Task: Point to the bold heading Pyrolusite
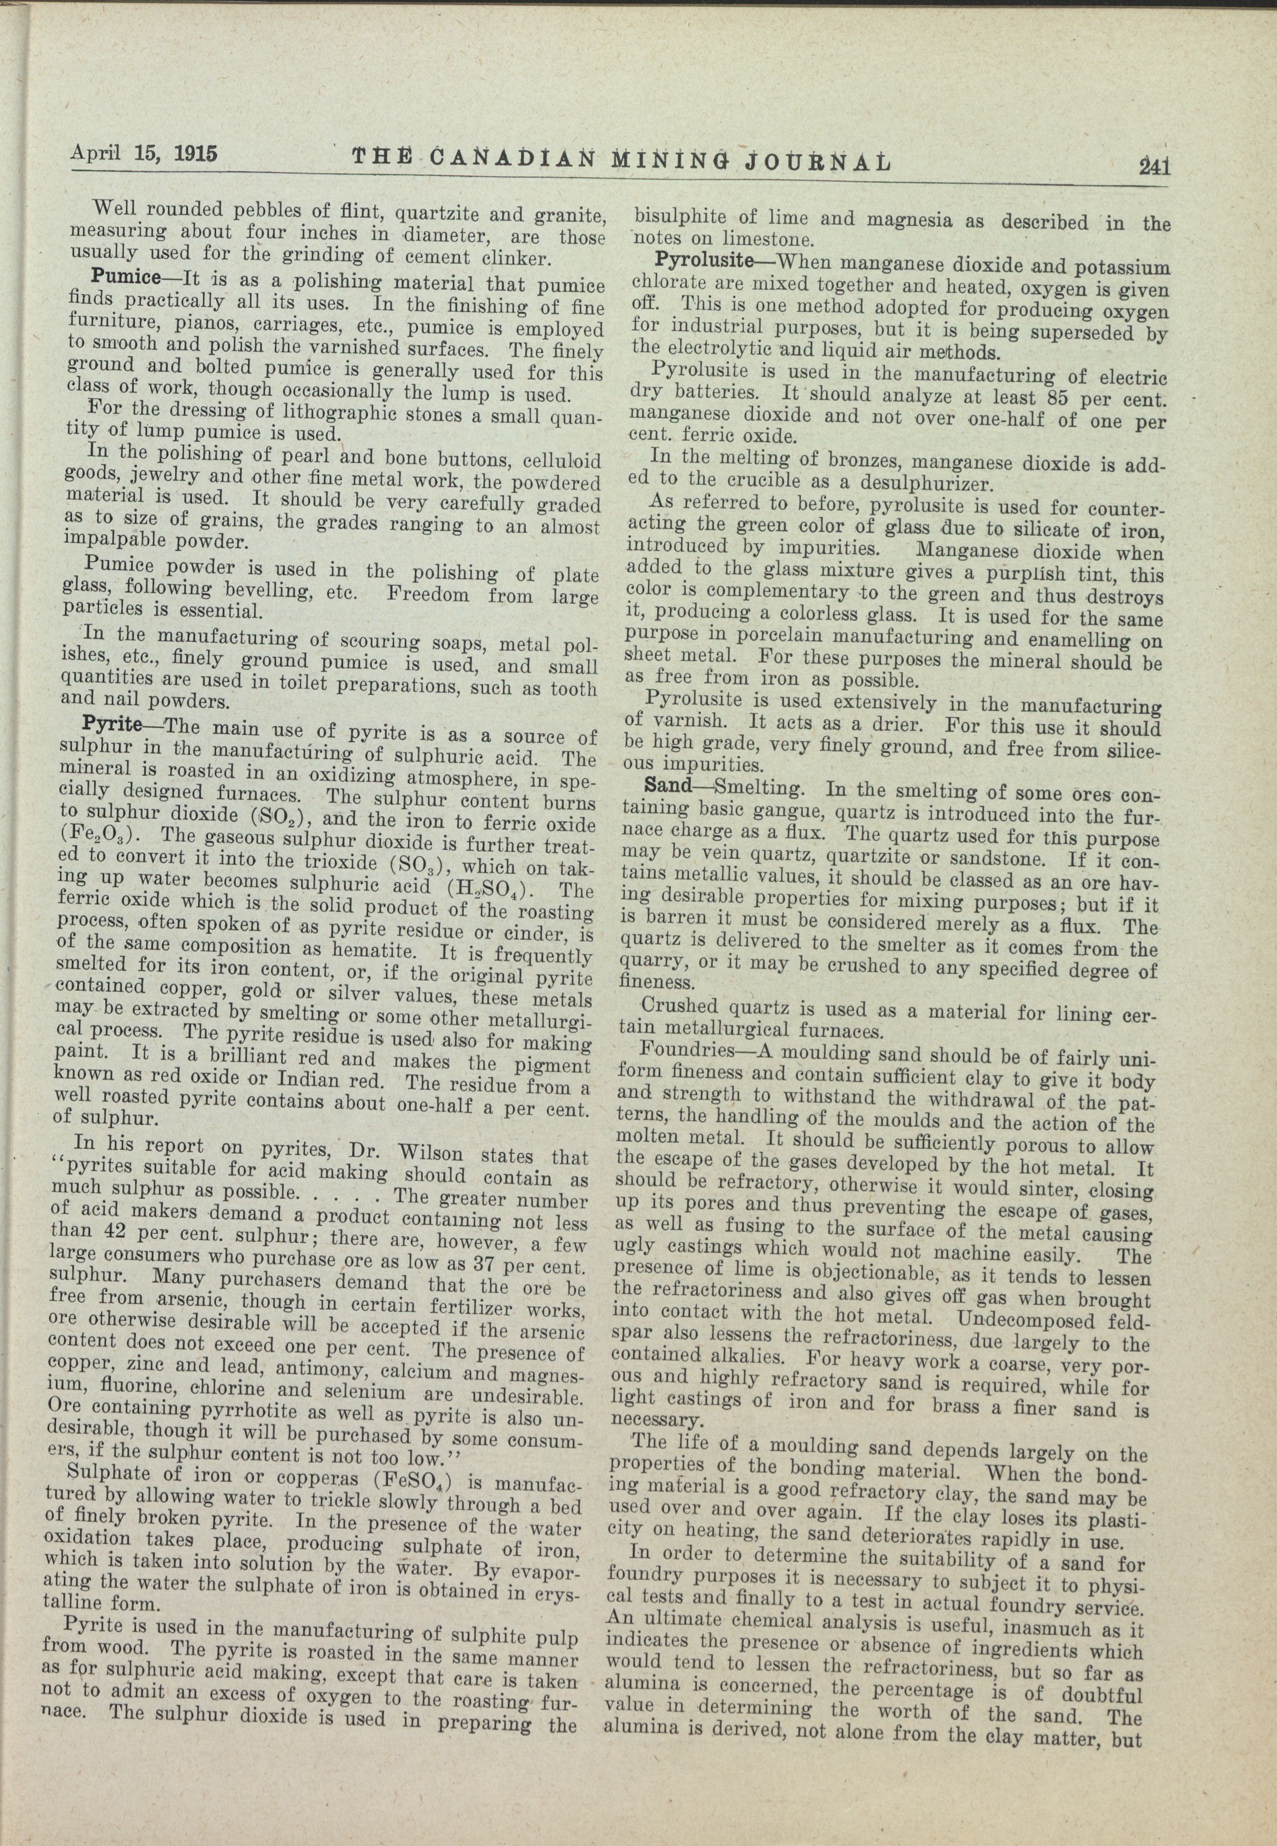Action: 704,260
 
